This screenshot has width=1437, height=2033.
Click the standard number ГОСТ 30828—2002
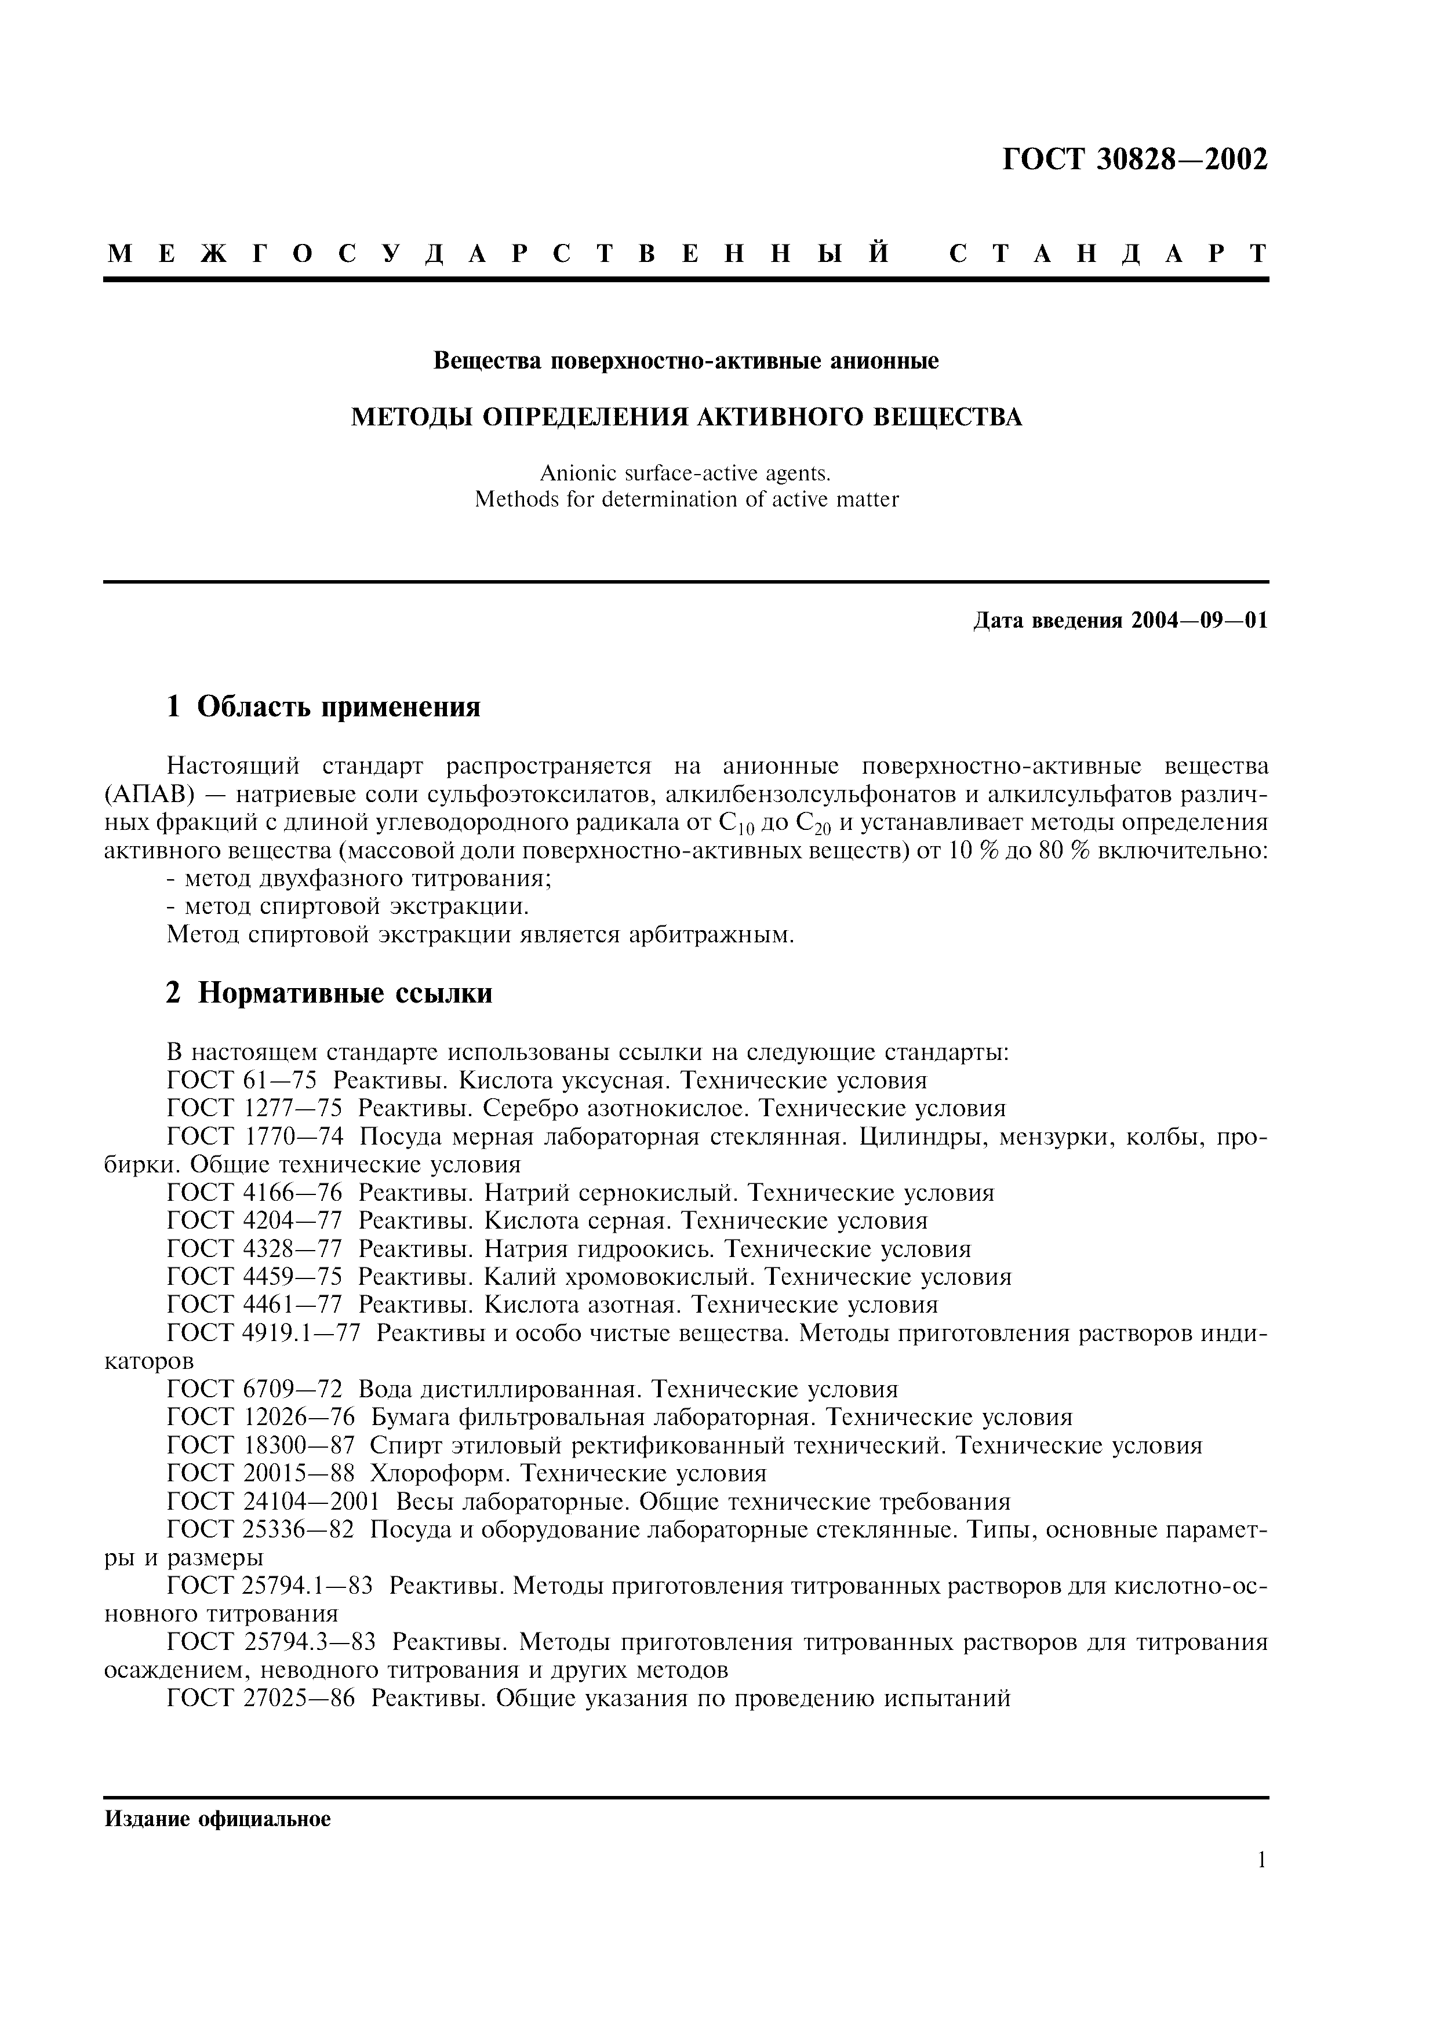point(1135,159)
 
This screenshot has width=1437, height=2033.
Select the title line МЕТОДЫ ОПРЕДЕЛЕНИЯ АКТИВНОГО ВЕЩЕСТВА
point(686,417)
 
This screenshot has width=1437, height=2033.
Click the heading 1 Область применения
point(323,706)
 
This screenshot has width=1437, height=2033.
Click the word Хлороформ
point(440,1473)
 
